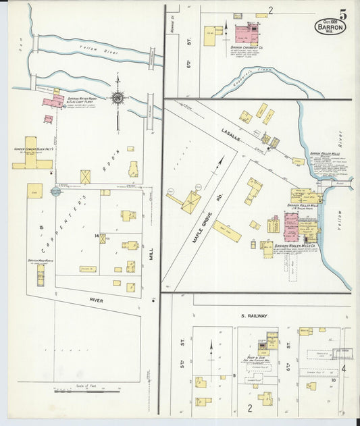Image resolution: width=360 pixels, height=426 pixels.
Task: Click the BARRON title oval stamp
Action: point(330,28)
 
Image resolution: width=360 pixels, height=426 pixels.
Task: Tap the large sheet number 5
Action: point(343,14)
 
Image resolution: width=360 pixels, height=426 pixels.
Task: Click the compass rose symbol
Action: point(118,99)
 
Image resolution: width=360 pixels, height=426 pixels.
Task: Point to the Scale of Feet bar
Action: point(86,390)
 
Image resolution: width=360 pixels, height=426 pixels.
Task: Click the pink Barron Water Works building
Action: point(53,101)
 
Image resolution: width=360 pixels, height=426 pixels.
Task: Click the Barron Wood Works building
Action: point(41,274)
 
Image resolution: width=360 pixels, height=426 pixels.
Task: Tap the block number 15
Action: point(41,228)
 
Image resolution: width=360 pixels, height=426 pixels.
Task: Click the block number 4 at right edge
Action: point(343,369)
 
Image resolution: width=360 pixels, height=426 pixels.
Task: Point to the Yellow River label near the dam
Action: point(89,48)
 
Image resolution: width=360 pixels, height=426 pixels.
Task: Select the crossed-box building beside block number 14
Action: point(103,238)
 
